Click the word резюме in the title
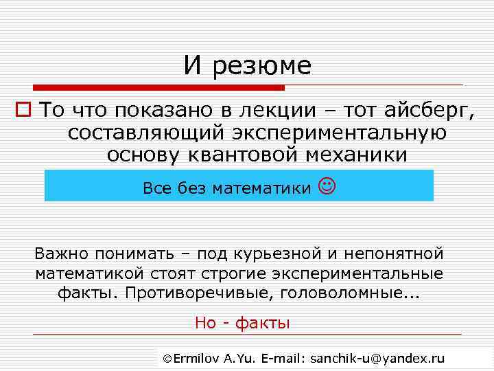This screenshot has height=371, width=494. (x=262, y=67)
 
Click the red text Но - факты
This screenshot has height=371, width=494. (x=242, y=323)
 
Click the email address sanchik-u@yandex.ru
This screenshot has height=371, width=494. (x=377, y=359)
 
